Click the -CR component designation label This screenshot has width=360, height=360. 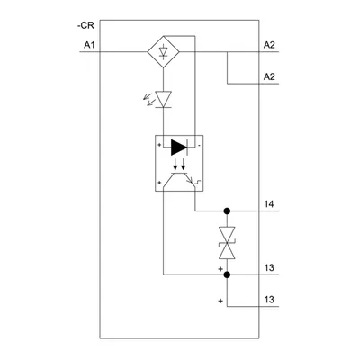coord(85,26)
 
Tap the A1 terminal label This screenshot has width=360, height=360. coord(89,45)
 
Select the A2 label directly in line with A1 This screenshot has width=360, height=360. coord(269,45)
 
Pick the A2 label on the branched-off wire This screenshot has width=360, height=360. coord(269,77)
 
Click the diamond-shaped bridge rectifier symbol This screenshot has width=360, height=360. coord(164,52)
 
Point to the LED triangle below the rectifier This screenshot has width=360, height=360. coord(164,99)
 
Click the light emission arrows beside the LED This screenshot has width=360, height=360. coord(148,100)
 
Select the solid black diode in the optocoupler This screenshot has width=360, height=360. coord(179,148)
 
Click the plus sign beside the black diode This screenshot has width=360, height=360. coord(159,145)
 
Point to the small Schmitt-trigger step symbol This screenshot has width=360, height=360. coord(198,182)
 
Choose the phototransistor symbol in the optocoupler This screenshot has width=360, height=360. coord(179,181)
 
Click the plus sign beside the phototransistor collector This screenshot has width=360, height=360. coord(159,182)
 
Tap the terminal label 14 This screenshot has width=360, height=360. coord(269,204)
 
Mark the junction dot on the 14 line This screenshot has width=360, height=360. coord(227,211)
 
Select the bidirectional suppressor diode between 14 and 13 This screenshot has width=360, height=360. coord(227,243)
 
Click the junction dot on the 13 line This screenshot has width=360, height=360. coord(227,274)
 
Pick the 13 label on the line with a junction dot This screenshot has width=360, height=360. coord(269,267)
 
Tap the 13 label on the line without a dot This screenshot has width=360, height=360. coord(269,300)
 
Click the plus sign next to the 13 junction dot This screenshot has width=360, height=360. coord(220,269)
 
